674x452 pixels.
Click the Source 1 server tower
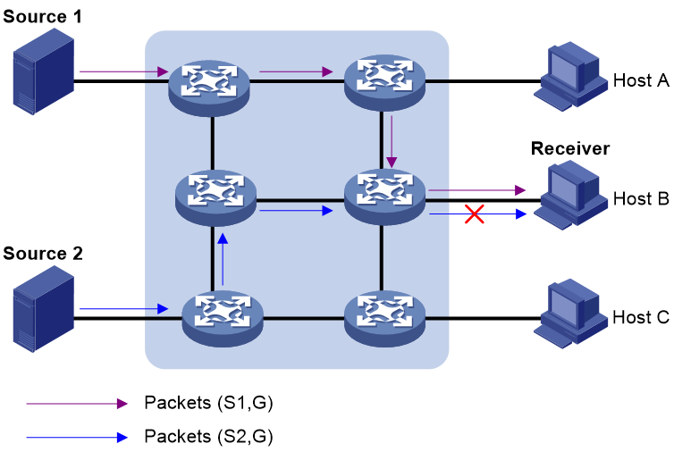coord(44,71)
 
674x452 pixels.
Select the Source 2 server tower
coord(44,309)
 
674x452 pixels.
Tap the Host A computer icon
coord(570,77)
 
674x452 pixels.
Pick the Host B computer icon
coord(570,196)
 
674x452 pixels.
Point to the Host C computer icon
coord(570,314)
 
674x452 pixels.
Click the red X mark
coord(475,214)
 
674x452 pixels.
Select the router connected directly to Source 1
coord(209,88)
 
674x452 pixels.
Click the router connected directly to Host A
coord(384,85)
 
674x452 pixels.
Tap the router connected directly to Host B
coord(384,197)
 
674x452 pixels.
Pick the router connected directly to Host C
coord(384,319)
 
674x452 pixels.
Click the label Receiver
coord(570,148)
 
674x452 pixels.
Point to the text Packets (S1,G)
coord(208,403)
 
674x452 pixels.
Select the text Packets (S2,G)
coord(208,437)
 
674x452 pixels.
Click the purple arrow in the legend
coord(77,404)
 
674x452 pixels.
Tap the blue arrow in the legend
coord(77,438)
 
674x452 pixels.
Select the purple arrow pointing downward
coord(392,141)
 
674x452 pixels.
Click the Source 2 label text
coord(43,254)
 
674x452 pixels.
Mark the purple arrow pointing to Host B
coord(477,190)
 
